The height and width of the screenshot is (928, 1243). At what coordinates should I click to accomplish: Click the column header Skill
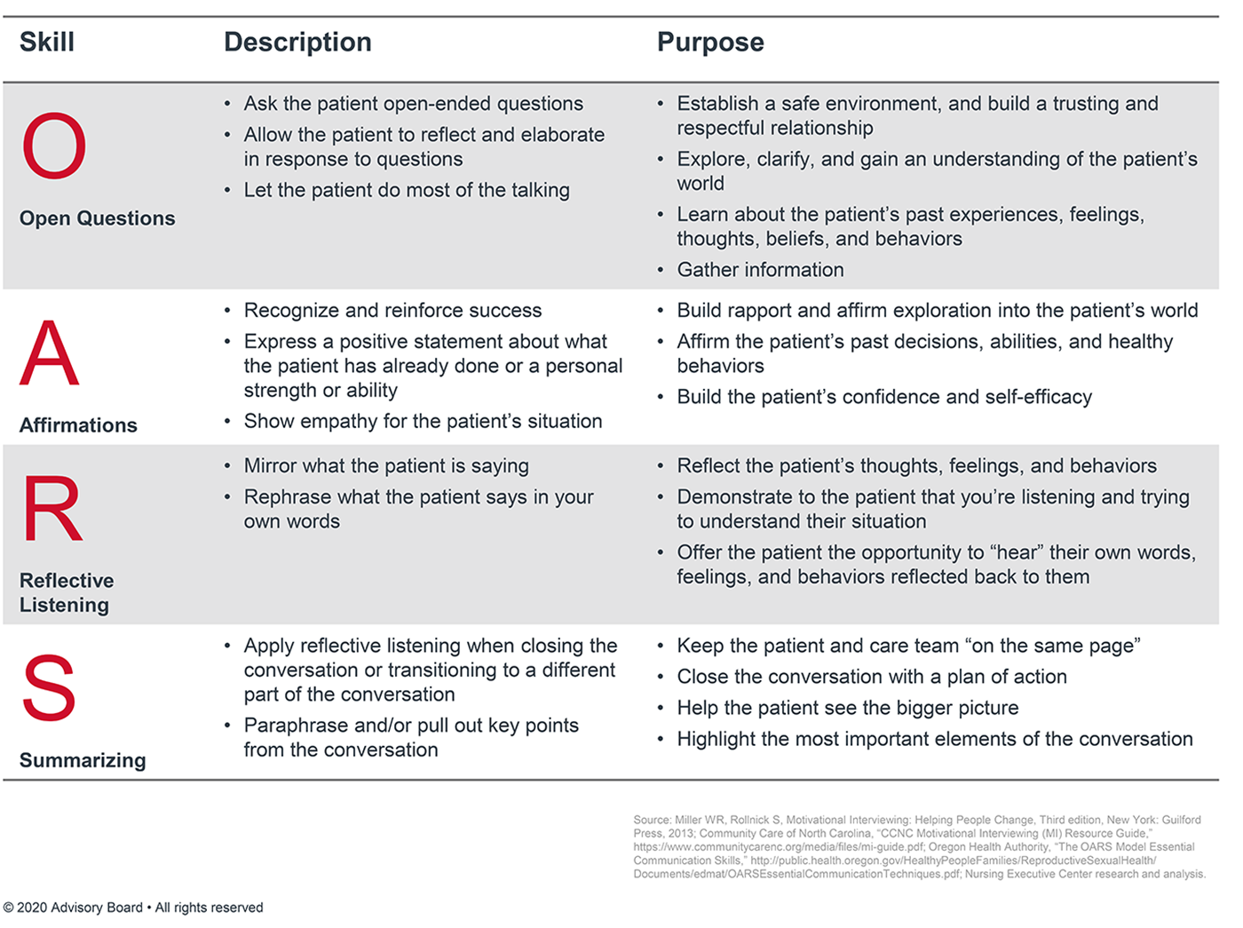click(x=47, y=42)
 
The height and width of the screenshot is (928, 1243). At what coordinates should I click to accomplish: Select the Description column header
click(x=297, y=42)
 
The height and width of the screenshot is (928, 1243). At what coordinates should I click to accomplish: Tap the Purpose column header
click(x=710, y=42)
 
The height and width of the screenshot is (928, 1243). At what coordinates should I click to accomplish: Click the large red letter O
click(x=54, y=147)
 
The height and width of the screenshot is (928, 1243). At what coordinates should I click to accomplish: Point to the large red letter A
click(x=50, y=353)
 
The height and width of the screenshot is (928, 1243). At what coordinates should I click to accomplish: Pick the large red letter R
click(x=52, y=509)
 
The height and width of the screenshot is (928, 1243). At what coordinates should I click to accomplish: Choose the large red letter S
click(x=49, y=688)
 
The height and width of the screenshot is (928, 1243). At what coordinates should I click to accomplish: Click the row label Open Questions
click(x=98, y=218)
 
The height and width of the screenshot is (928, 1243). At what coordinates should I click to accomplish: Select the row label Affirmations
click(x=78, y=425)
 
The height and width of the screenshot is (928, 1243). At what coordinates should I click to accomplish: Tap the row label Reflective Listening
click(x=67, y=592)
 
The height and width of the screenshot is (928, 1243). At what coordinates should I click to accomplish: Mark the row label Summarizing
click(x=83, y=760)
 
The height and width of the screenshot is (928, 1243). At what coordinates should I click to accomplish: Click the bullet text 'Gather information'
click(x=760, y=270)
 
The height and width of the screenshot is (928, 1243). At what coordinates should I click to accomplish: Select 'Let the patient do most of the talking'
click(x=407, y=190)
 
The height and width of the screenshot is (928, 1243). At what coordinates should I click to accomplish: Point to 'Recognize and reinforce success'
click(x=392, y=311)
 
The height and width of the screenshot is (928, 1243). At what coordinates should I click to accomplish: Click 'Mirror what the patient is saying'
click(x=386, y=466)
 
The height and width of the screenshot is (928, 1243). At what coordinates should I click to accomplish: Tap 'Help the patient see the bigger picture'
click(x=847, y=708)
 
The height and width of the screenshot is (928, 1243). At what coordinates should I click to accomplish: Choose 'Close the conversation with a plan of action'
click(x=871, y=677)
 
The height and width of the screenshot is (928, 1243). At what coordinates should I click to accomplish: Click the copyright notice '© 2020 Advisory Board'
click(x=73, y=908)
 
